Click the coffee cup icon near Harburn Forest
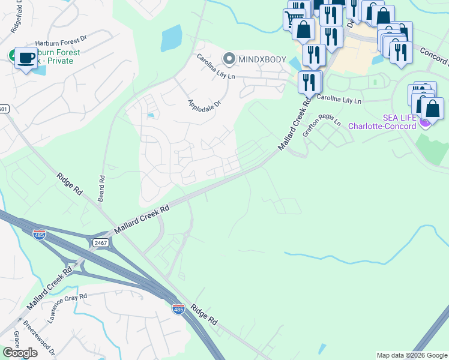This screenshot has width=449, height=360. click(25, 58)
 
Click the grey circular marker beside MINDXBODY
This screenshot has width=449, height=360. click(229, 59)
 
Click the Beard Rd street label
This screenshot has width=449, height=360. click(102, 187)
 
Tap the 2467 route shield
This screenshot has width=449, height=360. click(100, 242)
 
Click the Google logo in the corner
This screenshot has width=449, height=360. click(20, 353)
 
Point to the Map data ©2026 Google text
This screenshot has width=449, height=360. click(412, 355)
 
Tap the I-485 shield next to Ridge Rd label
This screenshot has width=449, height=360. click(178, 309)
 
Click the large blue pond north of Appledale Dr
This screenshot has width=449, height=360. click(170, 39)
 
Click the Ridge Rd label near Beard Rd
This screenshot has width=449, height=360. click(70, 186)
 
